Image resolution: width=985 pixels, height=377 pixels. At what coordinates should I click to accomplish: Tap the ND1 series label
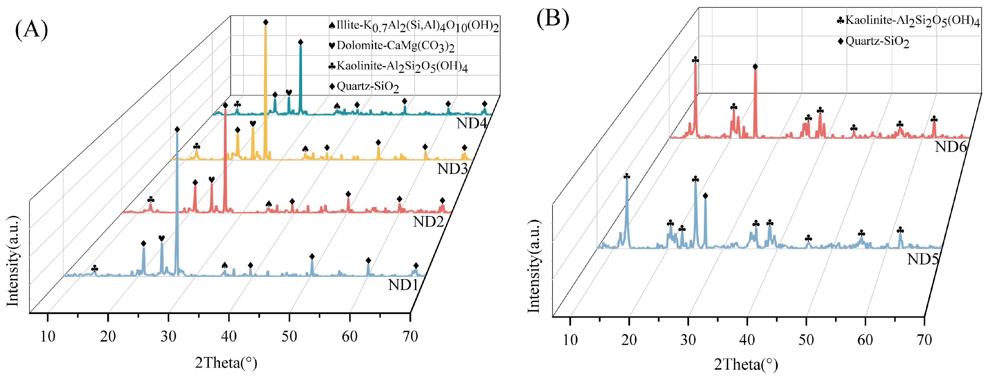(x=403, y=285)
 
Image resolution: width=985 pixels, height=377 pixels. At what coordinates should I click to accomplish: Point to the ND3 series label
(x=452, y=169)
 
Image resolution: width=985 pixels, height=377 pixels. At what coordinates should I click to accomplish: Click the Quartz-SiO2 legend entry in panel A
(x=364, y=87)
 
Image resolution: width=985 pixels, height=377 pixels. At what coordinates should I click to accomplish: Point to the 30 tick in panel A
(x=168, y=336)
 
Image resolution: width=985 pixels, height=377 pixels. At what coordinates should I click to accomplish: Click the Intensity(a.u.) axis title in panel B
(x=534, y=266)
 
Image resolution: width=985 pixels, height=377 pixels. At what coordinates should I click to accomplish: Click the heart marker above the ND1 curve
(x=161, y=239)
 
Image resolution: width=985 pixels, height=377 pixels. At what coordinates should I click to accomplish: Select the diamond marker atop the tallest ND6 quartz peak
(x=755, y=67)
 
